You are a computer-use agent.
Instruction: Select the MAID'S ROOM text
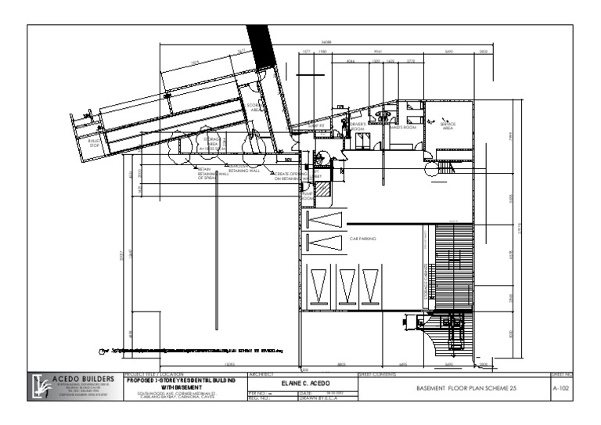401,127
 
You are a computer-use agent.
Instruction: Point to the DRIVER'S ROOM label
358,127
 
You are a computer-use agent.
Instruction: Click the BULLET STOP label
95,144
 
